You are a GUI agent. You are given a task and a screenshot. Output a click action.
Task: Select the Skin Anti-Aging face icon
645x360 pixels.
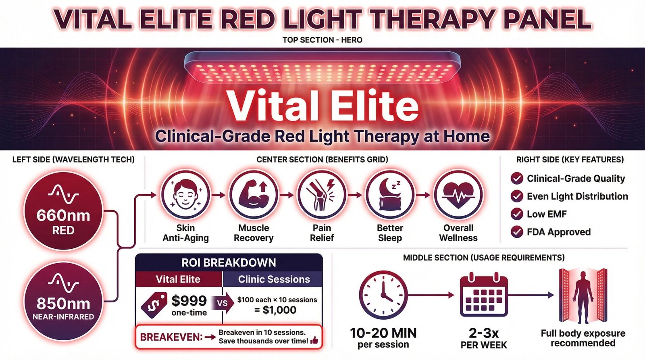click(185, 195)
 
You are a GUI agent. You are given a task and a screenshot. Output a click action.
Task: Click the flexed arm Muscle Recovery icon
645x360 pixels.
click(254, 195)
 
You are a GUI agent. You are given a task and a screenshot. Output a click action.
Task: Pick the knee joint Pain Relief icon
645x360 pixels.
click(322, 195)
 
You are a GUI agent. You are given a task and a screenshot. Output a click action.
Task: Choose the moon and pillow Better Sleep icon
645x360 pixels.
click(390, 195)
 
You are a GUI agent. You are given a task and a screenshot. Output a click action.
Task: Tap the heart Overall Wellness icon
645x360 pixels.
click(458, 195)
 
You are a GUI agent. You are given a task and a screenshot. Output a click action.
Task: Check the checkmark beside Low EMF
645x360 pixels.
click(517, 214)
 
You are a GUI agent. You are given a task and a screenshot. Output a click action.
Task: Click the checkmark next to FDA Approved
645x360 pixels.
click(517, 232)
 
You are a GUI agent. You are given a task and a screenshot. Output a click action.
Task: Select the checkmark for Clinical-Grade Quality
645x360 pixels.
click(517, 179)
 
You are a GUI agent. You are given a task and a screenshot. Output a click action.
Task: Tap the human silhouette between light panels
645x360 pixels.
click(583, 296)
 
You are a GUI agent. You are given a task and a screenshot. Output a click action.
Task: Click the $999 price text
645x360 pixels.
click(189, 300)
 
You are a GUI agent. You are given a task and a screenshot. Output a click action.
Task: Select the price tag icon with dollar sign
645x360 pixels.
click(154, 305)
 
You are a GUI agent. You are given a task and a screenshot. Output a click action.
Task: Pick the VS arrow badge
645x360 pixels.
click(224, 303)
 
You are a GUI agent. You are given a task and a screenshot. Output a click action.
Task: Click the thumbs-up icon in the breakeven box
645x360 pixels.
click(314, 341)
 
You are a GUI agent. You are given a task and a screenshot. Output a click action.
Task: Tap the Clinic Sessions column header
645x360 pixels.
click(274, 279)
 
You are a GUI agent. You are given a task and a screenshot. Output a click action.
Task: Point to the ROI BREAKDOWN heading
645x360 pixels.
click(229, 263)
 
